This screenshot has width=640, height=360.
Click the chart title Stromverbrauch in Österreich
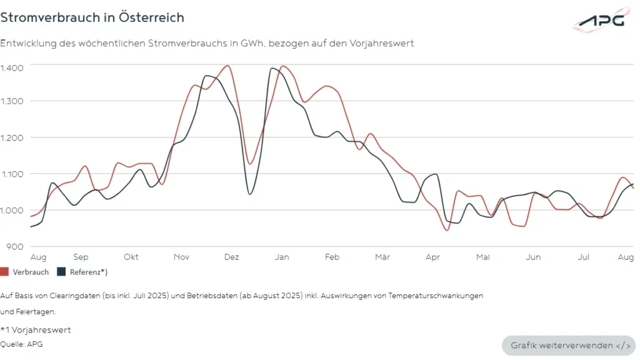(x=92, y=17)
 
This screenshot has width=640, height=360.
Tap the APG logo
(x=601, y=20)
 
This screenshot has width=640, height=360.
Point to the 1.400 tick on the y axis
(x=12, y=67)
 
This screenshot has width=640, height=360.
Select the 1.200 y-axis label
(x=12, y=138)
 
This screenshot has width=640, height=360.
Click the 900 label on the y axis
(x=16, y=246)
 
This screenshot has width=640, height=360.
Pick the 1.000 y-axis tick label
(x=12, y=211)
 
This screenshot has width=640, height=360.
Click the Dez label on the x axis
(x=231, y=257)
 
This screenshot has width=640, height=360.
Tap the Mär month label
(x=382, y=257)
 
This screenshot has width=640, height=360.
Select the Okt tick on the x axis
(x=131, y=257)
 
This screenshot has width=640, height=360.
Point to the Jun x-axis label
(x=533, y=257)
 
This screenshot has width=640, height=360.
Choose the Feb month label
(x=332, y=257)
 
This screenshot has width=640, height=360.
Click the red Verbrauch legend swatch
(x=4, y=272)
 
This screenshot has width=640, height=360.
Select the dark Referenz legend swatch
(x=61, y=272)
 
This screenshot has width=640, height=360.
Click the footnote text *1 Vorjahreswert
(x=36, y=330)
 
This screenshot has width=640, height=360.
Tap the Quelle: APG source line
(x=22, y=344)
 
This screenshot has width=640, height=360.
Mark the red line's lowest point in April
(x=446, y=230)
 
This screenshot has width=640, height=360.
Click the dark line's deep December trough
(x=250, y=194)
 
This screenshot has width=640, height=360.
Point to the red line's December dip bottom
(x=250, y=164)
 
